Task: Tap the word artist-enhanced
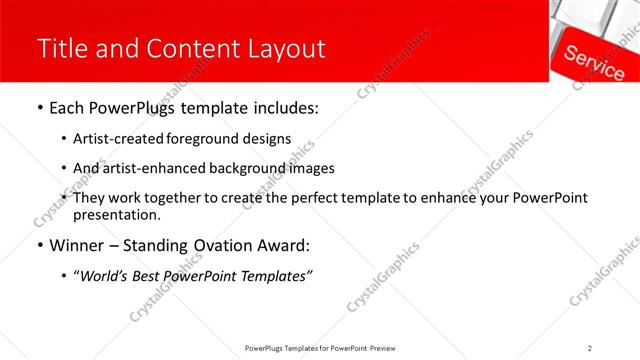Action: coord(147,168)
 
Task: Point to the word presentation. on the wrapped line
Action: coord(116,215)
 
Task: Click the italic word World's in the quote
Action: coord(105,275)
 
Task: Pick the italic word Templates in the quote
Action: coord(273,275)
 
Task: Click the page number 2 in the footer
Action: coord(590,348)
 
